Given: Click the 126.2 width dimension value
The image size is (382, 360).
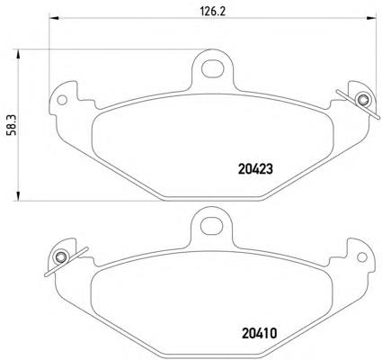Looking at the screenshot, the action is [212, 11].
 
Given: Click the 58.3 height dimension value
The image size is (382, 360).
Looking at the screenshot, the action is [12, 125].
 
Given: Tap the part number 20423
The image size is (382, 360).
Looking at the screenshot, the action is [255, 169].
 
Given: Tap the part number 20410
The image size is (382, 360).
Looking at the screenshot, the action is [259, 333].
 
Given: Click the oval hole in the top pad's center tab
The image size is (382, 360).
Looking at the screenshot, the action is [213, 68].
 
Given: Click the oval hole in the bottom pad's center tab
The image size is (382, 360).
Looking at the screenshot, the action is [212, 226].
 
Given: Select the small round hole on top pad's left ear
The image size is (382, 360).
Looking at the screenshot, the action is [62, 100].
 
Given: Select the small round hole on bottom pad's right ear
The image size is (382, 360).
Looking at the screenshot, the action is [362, 257].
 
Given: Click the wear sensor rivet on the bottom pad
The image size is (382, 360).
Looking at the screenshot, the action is [61, 257].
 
